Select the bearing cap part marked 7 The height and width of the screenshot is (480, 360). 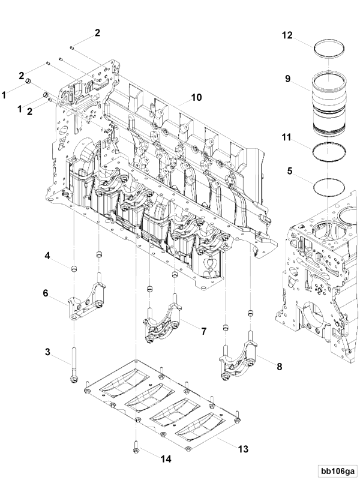tap(162, 325)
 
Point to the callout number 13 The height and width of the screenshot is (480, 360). tap(242, 448)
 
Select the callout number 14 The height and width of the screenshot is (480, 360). tap(165, 458)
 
